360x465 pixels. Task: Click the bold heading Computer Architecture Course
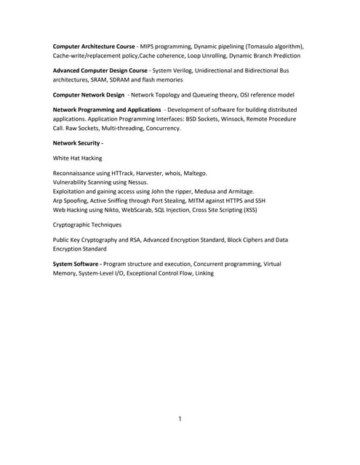(x=94, y=46)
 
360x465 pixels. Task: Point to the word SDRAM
(x=121, y=79)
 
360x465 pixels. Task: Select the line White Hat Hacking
(x=77, y=158)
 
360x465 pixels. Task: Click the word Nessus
(x=137, y=182)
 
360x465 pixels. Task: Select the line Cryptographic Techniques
(x=87, y=225)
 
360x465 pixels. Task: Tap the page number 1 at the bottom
(x=180, y=419)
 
